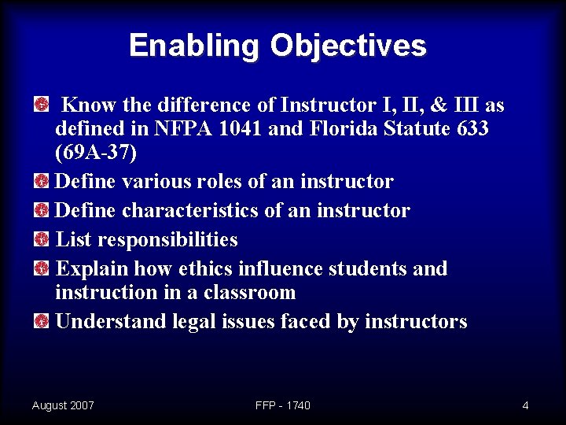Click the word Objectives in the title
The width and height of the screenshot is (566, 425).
tap(348, 46)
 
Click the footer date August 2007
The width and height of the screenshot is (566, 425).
tap(63, 405)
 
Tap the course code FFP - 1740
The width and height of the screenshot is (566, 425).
tap(283, 405)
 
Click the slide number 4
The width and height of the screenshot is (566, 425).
tap(525, 405)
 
